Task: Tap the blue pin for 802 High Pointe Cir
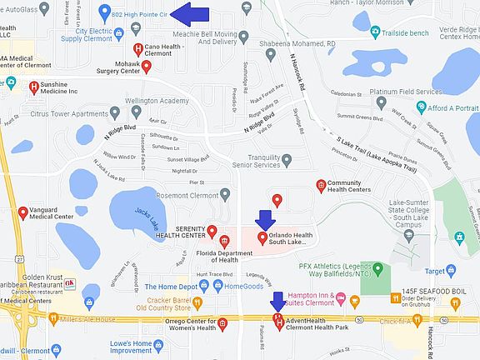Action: pos(104,13)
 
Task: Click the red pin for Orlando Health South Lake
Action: pos(262,238)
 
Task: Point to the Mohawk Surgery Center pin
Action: pos(146,66)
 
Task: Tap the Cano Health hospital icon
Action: pos(137,50)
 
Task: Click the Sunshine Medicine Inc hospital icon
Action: pos(34,85)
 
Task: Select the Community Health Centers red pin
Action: pos(321,185)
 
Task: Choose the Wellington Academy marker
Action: pos(137,111)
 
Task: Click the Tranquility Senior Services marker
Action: pos(287,159)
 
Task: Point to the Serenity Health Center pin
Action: pos(212,231)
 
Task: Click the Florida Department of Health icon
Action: pos(224,242)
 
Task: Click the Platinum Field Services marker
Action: pos(381,102)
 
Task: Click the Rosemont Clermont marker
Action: pos(225,194)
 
